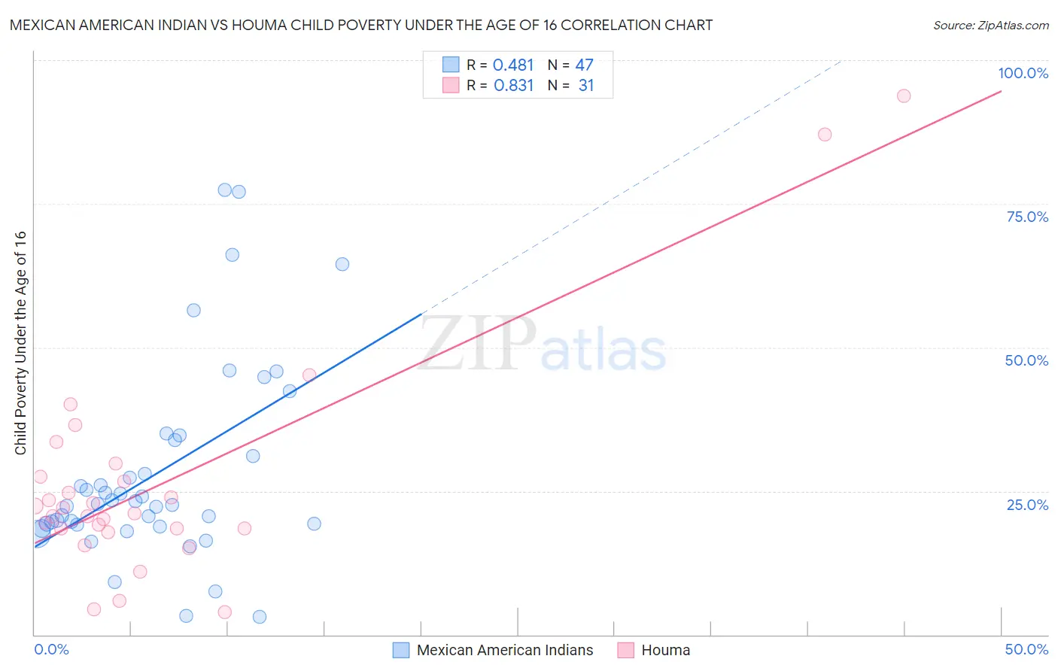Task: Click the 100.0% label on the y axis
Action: [x=1023, y=73]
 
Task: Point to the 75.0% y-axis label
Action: [x=1027, y=217]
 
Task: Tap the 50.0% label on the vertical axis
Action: [x=1026, y=360]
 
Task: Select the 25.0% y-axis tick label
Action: [x=1027, y=504]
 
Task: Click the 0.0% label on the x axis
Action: [x=51, y=649]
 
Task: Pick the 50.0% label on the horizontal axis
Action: [x=1026, y=649]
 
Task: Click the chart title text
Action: [x=361, y=25]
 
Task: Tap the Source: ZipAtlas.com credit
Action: [x=990, y=25]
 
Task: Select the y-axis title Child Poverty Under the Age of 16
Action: [x=20, y=342]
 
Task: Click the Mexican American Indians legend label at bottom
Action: [x=504, y=650]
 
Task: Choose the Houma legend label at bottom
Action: [x=665, y=650]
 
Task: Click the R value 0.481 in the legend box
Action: [x=513, y=65]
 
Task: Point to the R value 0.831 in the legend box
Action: [x=513, y=86]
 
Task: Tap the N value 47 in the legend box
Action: [x=584, y=65]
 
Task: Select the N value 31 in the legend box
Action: [x=585, y=86]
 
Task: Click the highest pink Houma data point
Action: [x=904, y=96]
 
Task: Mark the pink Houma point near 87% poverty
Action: [x=825, y=135]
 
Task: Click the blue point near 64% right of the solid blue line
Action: [x=342, y=264]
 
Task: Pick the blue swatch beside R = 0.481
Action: [x=451, y=65]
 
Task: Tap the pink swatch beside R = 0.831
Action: [x=451, y=85]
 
